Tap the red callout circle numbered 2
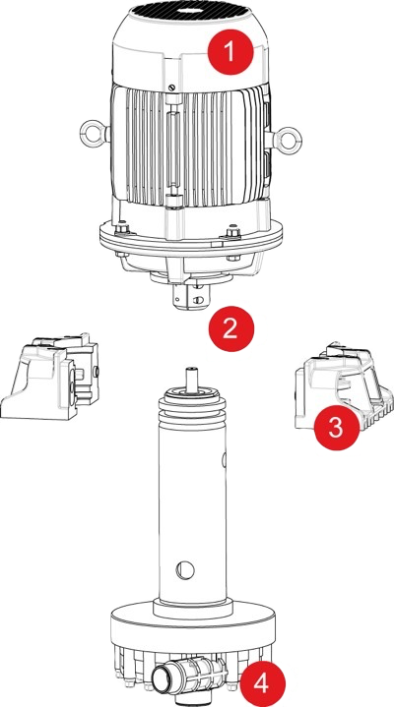pos(230,327)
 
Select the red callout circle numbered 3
pos(335,427)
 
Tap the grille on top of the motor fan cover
pos(187,13)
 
